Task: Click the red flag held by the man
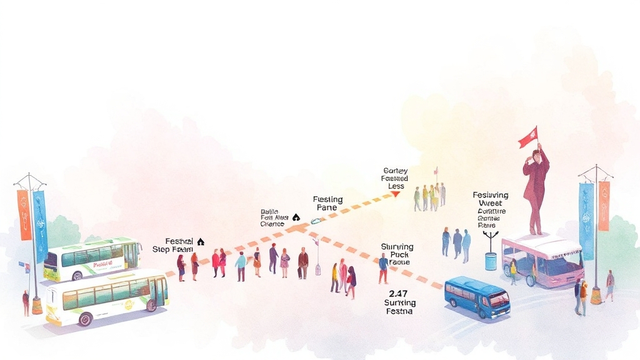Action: click(528, 137)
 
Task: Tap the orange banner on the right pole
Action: click(604, 206)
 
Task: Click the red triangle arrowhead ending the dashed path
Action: click(395, 194)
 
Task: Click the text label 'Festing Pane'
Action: click(327, 204)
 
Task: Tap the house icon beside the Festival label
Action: click(201, 241)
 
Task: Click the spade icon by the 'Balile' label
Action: click(296, 217)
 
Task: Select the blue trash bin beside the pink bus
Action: click(491, 261)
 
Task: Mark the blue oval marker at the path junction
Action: click(316, 221)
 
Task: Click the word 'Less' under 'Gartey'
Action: click(396, 186)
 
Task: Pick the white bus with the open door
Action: click(106, 297)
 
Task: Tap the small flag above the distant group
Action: click(436, 170)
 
